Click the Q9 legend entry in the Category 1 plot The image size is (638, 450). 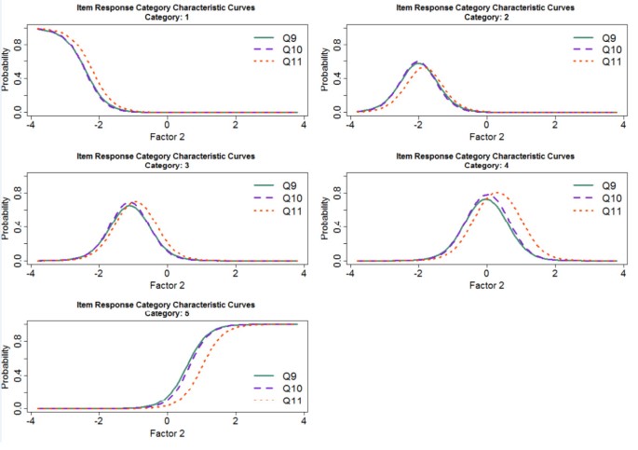tap(290, 38)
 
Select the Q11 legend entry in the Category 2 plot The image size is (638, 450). tap(608, 61)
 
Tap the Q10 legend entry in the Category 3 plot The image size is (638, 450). tap(290, 198)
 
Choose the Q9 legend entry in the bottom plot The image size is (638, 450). tap(290, 375)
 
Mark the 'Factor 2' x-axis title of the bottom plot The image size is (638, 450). tap(168, 433)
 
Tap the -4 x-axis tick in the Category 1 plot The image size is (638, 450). tap(32, 123)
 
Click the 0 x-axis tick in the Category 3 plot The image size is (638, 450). tap(168, 272)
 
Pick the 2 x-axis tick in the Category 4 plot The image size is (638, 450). tap(554, 272)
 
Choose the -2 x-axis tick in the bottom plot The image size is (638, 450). tap(100, 420)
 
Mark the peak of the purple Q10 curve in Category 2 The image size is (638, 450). tap(418, 62)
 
